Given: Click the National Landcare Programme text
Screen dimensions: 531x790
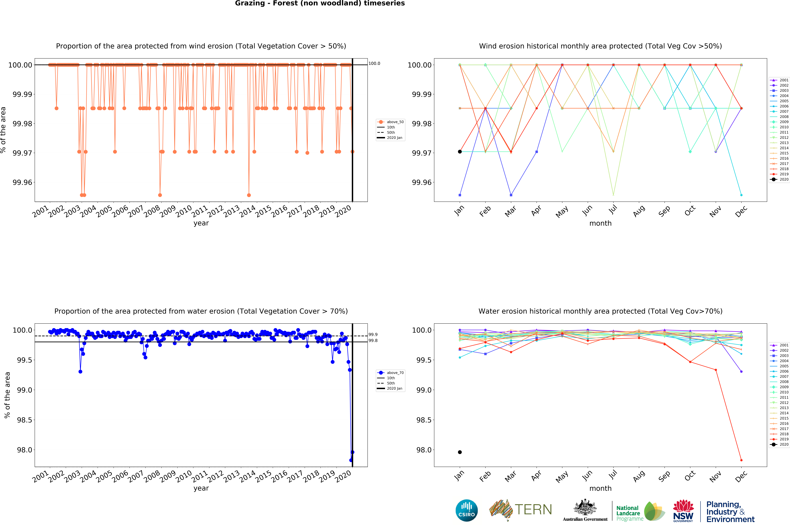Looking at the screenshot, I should [x=630, y=513].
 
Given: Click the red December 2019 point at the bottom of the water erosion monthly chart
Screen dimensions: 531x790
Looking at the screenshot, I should [x=741, y=460].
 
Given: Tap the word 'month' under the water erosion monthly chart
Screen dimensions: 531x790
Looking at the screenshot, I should [x=600, y=488].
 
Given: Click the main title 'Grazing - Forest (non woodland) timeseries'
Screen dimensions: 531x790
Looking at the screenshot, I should [x=320, y=3].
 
